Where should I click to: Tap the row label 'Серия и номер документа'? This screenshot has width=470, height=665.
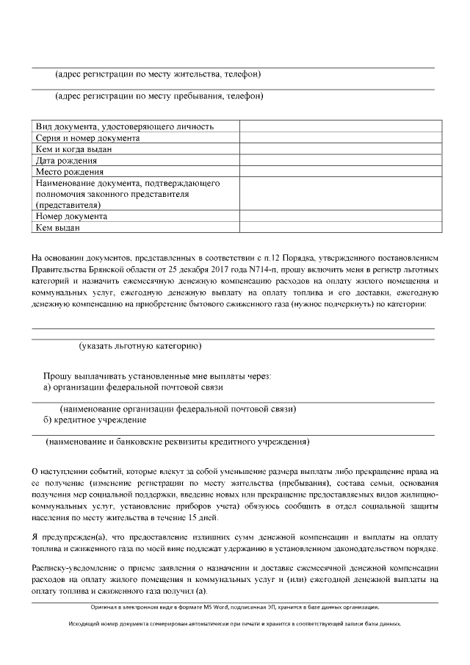(x=87, y=138)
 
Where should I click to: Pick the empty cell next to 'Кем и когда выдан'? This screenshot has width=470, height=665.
(x=340, y=149)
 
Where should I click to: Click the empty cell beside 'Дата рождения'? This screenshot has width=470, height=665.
(x=340, y=160)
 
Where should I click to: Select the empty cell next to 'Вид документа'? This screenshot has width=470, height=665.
(x=340, y=126)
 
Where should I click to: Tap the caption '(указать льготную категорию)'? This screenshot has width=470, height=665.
(x=140, y=345)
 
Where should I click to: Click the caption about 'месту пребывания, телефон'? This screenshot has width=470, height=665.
(x=159, y=96)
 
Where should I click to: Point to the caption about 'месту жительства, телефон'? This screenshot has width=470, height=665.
(x=159, y=74)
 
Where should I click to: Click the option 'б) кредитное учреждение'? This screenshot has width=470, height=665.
(x=95, y=420)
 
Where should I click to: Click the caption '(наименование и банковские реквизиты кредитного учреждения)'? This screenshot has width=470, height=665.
(x=177, y=442)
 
